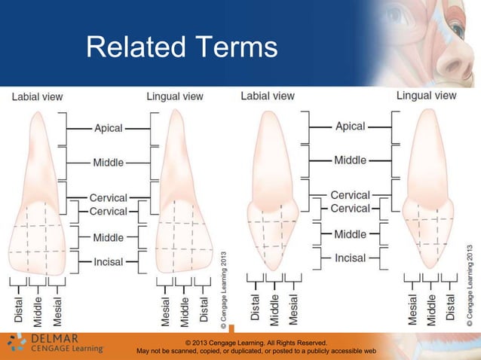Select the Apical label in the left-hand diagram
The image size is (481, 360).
click(x=108, y=128)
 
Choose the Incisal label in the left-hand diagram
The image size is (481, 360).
click(x=108, y=261)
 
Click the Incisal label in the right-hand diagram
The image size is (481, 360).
click(x=350, y=258)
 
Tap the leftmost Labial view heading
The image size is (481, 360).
click(x=36, y=96)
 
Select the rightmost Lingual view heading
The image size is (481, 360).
click(x=426, y=96)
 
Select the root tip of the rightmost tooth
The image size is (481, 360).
click(x=427, y=112)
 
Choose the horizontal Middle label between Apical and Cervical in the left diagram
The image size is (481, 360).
click(x=108, y=162)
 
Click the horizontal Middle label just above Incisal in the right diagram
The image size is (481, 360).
click(x=350, y=234)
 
